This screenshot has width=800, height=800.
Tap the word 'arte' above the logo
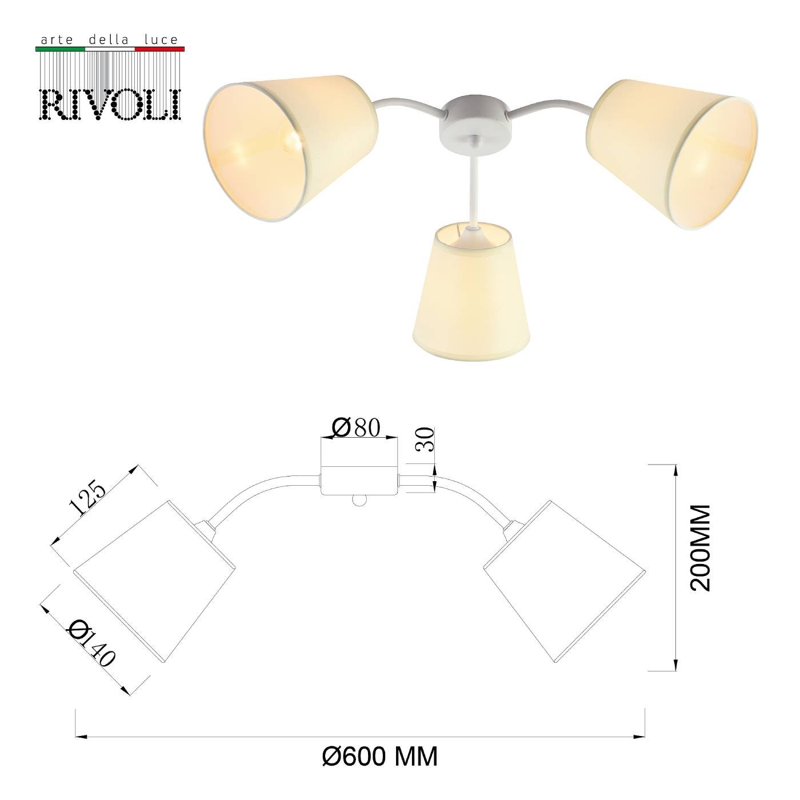tap(55, 41)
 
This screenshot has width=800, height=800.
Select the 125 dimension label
tap(87, 497)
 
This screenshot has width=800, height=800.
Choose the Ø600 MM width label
tap(380, 757)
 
